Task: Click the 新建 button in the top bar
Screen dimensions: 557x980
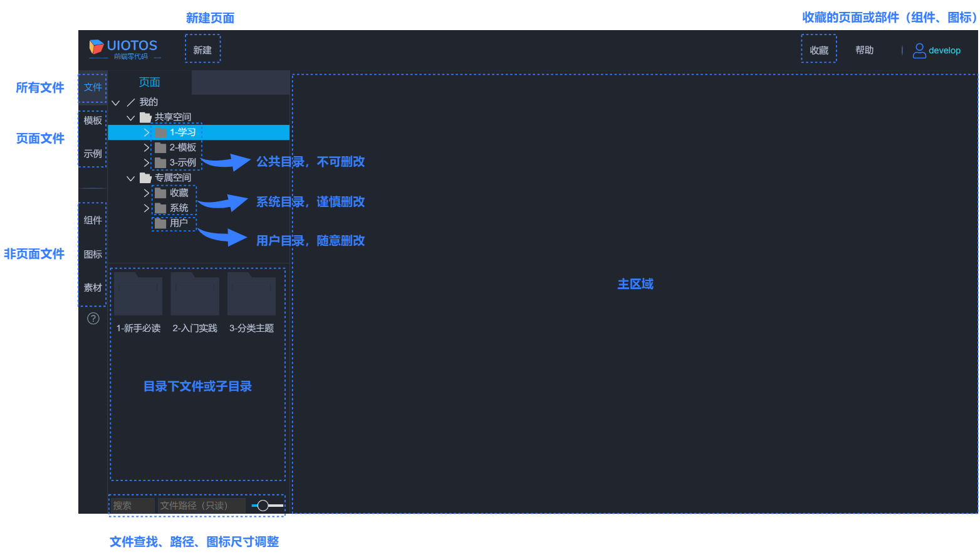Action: pos(202,50)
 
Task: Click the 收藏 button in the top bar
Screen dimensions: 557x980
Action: pos(819,50)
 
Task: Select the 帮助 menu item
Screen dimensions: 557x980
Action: pos(865,50)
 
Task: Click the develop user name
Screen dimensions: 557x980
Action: pos(944,51)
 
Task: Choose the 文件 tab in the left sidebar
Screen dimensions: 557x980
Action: pos(93,87)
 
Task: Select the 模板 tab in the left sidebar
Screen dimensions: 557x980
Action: pos(93,120)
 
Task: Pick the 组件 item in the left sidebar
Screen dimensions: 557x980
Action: pos(93,220)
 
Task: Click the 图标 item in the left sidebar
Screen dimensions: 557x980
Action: pos(93,254)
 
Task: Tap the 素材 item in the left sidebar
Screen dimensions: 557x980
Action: pos(93,287)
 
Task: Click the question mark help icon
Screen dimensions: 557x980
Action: pos(93,319)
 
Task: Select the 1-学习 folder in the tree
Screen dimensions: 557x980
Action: pos(182,132)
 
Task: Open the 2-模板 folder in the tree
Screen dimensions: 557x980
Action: pos(182,147)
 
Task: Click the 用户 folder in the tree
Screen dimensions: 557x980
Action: pos(179,223)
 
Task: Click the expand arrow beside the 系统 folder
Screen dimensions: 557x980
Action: pos(147,208)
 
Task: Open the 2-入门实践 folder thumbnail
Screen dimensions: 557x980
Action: pos(195,295)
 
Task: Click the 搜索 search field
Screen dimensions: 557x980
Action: pos(132,506)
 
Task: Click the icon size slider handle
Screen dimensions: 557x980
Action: pos(263,506)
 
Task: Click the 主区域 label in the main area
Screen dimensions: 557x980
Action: pos(635,284)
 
